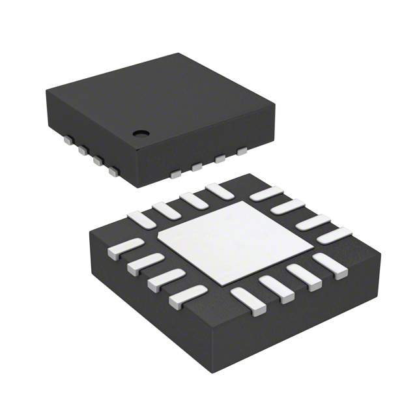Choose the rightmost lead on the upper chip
(242, 152)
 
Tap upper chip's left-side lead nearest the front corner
(113, 172)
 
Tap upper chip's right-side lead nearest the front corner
(175, 174)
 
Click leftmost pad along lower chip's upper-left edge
(142, 220)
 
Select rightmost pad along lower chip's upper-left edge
(219, 191)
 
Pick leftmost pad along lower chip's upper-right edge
(266, 194)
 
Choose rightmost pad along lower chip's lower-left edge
(188, 296)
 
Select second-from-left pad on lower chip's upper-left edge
(166, 210)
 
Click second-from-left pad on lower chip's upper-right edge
(287, 207)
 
